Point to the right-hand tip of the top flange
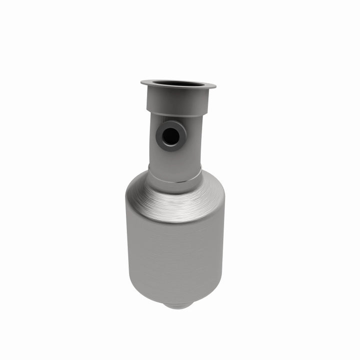click(214, 86)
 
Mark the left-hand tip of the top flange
click(142, 81)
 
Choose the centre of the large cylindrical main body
click(175, 250)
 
